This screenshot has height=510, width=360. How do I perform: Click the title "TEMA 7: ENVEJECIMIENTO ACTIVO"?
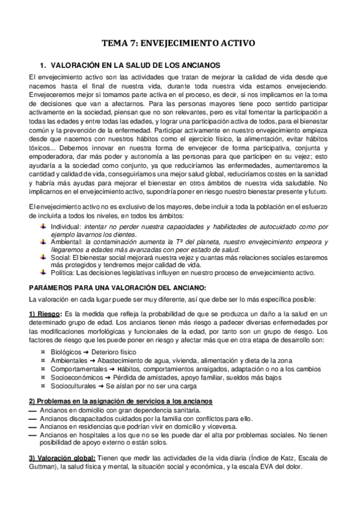180,43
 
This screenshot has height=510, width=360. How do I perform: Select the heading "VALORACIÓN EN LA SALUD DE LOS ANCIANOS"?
135,65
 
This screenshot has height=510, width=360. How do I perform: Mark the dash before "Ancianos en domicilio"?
32,411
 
